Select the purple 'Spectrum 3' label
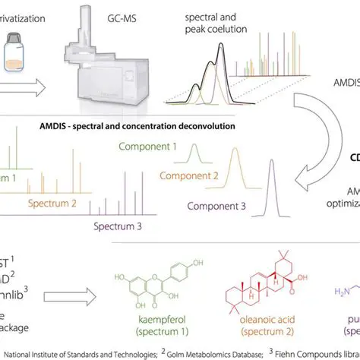tap(119, 226)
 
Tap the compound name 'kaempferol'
tap(152, 323)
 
